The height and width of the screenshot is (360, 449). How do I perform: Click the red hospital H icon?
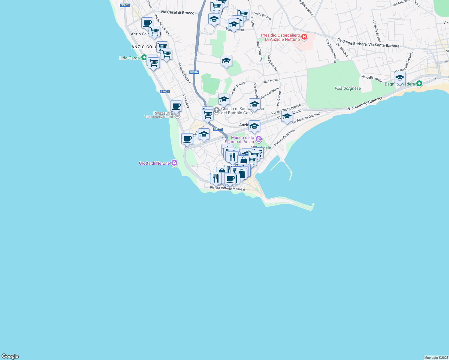pyautogui.click(x=304, y=37)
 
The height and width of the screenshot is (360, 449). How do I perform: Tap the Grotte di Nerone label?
pyautogui.click(x=154, y=163)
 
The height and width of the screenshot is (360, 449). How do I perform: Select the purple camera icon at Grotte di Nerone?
pyautogui.click(x=174, y=163)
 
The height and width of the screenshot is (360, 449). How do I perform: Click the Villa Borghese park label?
pyautogui.click(x=348, y=88)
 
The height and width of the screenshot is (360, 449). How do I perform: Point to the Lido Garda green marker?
pyautogui.click(x=144, y=57)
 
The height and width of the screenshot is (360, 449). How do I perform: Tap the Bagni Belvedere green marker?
pyautogui.click(x=420, y=84)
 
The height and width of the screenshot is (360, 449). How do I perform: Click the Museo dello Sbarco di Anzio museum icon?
pyautogui.click(x=259, y=139)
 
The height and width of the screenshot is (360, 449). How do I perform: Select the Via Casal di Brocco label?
pyautogui.click(x=177, y=12)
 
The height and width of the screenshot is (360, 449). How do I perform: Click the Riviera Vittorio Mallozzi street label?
pyautogui.click(x=227, y=188)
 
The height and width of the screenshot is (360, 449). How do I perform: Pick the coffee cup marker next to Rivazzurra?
pyautogui.click(x=176, y=106)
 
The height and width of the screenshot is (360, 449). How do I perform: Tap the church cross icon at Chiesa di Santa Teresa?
pyautogui.click(x=216, y=111)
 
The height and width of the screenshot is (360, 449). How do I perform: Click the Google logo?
pyautogui.click(x=10, y=356)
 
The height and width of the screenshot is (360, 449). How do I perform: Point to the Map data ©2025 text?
pyautogui.click(x=436, y=358)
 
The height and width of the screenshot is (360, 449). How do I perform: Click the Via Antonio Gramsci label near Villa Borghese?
pyautogui.click(x=365, y=103)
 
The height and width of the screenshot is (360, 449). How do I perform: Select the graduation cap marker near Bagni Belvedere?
pyautogui.click(x=400, y=78)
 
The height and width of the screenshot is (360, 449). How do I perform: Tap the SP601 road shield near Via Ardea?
pyautogui.click(x=165, y=91)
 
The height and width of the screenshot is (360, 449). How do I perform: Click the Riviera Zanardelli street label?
pyautogui.click(x=284, y=137)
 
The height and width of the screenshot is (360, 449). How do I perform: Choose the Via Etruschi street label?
pyautogui.click(x=271, y=80)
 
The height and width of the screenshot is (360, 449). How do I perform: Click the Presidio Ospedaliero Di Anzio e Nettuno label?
pyautogui.click(x=280, y=37)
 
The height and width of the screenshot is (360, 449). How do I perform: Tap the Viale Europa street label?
pyautogui.click(x=263, y=16)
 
